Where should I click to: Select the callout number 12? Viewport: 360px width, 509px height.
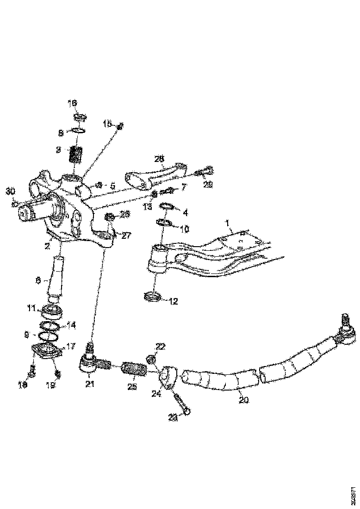pyautogui.click(x=174, y=301)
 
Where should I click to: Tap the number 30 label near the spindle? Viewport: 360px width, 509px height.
pyautogui.click(x=10, y=191)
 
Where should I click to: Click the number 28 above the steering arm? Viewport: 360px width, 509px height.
pyautogui.click(x=159, y=159)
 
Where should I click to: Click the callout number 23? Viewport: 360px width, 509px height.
pyautogui.click(x=173, y=417)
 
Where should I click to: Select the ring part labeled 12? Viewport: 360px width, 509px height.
pyautogui.click(x=153, y=296)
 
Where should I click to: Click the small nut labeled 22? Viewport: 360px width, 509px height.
pyautogui.click(x=150, y=359)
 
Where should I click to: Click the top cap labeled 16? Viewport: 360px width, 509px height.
pyautogui.click(x=78, y=117)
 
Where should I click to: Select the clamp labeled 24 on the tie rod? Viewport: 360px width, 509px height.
pyautogui.click(x=168, y=374)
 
